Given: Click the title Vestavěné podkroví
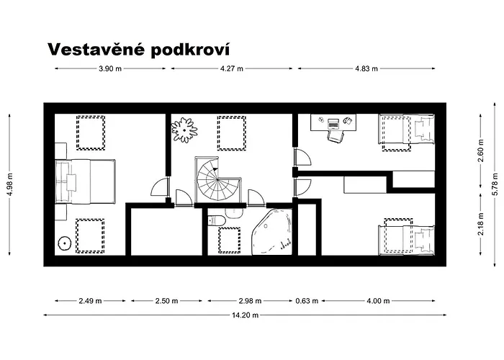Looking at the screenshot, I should (x=139, y=49).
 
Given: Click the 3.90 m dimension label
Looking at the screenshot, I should (x=110, y=69).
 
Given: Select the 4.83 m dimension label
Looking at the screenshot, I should (x=366, y=69).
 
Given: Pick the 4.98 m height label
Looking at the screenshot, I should (x=10, y=185).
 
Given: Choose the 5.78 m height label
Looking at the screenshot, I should (x=494, y=185).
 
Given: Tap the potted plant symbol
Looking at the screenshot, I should (x=184, y=130).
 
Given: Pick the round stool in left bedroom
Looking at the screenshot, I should (x=65, y=243).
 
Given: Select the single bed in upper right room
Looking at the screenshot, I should (x=408, y=132).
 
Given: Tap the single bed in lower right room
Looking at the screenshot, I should (x=408, y=238).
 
